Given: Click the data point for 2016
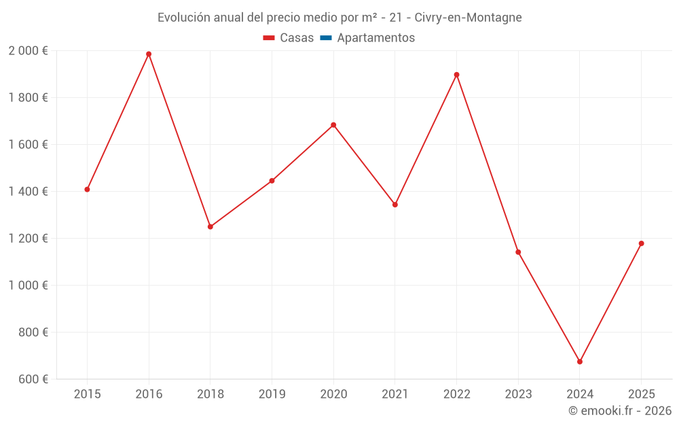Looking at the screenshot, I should point(149,54).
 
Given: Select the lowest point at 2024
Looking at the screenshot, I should point(580,362).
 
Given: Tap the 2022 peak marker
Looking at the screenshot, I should point(456,75).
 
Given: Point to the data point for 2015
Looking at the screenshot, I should point(87,190).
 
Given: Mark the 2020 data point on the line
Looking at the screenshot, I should point(333,125).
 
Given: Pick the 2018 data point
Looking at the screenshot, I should point(210,226).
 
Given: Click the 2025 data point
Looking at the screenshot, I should point(641,243).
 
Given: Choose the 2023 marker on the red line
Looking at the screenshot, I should point(518,252).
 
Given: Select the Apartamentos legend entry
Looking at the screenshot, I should point(375,38).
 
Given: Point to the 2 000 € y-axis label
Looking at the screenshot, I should point(29,51).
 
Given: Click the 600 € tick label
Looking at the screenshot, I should point(33,379).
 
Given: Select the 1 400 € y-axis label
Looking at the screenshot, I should point(29,192).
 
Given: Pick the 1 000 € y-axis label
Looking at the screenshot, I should point(29,286).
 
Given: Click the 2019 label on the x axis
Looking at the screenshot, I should point(272,394).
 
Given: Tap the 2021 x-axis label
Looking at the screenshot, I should point(394,394).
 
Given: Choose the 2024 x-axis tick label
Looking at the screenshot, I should point(580,394).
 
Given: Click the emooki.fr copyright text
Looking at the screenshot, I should point(620,411).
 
